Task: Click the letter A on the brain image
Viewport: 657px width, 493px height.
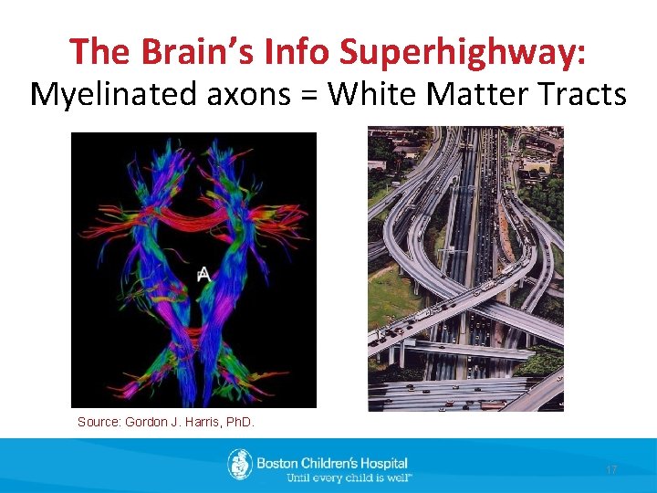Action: point(203,273)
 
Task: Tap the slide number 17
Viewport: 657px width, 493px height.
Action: point(611,469)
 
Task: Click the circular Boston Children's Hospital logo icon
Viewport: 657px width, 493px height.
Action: point(240,465)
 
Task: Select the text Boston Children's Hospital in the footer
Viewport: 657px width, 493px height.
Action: point(331,463)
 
